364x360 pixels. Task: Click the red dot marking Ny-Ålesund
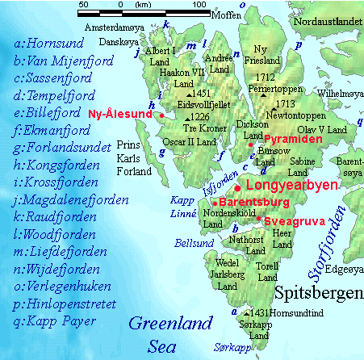(162, 115)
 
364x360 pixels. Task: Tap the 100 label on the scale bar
(199, 6)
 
